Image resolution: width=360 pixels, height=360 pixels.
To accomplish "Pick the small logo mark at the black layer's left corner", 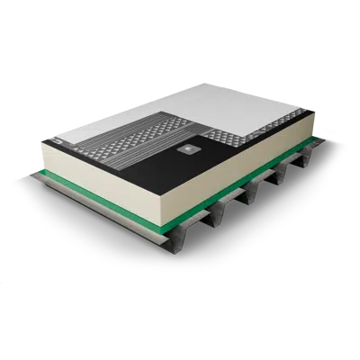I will coord(52,142).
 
